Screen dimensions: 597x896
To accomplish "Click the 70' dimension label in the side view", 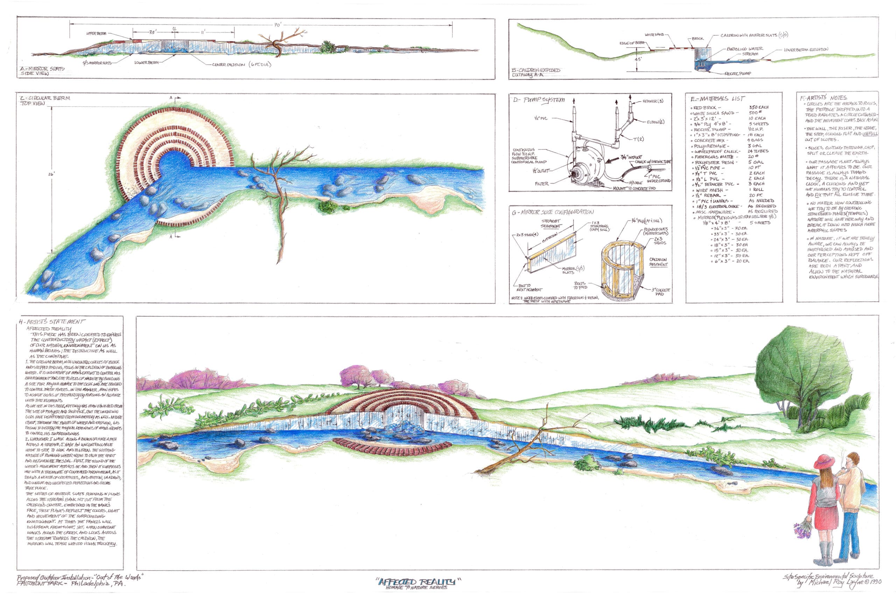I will coord(278,25).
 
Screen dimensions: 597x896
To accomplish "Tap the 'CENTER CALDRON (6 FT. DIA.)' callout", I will coord(241,65).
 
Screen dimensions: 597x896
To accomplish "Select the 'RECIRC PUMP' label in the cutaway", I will coord(737,73).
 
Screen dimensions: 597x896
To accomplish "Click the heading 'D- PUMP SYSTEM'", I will coord(539,100).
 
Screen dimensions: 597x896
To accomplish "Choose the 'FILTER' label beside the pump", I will coord(542,184).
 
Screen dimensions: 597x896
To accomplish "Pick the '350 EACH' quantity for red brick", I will coord(758,107).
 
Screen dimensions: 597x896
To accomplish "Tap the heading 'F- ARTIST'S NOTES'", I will coord(823,98).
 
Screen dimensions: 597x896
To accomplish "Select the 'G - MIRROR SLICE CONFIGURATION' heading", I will coord(552,212).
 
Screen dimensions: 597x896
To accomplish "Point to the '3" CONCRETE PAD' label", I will coord(660,292).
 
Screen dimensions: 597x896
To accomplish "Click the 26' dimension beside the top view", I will coord(51,174).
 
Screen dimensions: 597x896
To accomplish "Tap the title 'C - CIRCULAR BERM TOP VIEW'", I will coord(45,100).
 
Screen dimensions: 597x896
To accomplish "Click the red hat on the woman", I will coord(824,461).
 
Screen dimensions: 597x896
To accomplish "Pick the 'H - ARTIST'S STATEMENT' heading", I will coord(52,322).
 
